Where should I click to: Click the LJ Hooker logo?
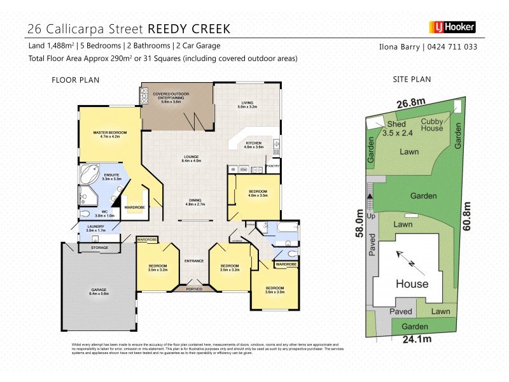click(449, 28)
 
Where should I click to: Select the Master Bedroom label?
click(110, 134)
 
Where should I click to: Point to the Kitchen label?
click(254, 145)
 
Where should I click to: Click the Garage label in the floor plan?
click(99, 292)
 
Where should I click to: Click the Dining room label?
click(194, 201)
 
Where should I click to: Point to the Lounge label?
click(192, 159)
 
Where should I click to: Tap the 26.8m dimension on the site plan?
click(412, 103)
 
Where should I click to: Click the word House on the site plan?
click(412, 283)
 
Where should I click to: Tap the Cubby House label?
click(432, 124)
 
